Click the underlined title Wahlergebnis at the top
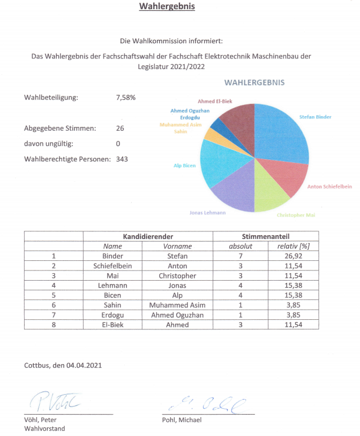pyautogui.click(x=167, y=6)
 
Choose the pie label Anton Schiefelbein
pyautogui.click(x=329, y=186)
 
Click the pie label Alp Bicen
pyautogui.click(x=184, y=166)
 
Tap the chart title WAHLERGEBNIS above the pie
pyautogui.click(x=254, y=82)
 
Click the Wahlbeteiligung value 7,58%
pyautogui.click(x=126, y=97)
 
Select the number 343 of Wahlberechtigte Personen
pyautogui.click(x=122, y=159)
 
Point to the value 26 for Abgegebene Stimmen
pyautogui.click(x=120, y=128)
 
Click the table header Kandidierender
pyautogui.click(x=148, y=236)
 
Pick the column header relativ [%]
pyautogui.click(x=293, y=246)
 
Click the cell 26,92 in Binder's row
pyautogui.click(x=293, y=256)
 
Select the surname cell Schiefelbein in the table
pyautogui.click(x=112, y=266)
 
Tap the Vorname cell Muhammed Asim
pyautogui.click(x=177, y=305)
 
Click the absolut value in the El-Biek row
pyautogui.click(x=241, y=325)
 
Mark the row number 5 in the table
pyautogui.click(x=54, y=295)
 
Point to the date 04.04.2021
pyautogui.click(x=84, y=365)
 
